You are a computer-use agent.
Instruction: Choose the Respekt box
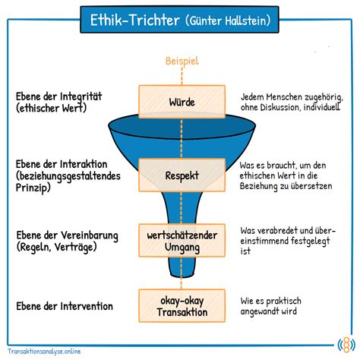click(182, 175)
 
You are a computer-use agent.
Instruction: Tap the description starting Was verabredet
click(283, 241)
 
